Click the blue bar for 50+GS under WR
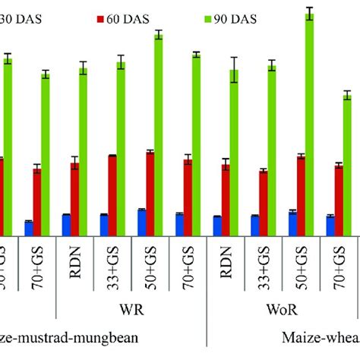(141, 223)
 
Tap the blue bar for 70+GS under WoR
(330, 226)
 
